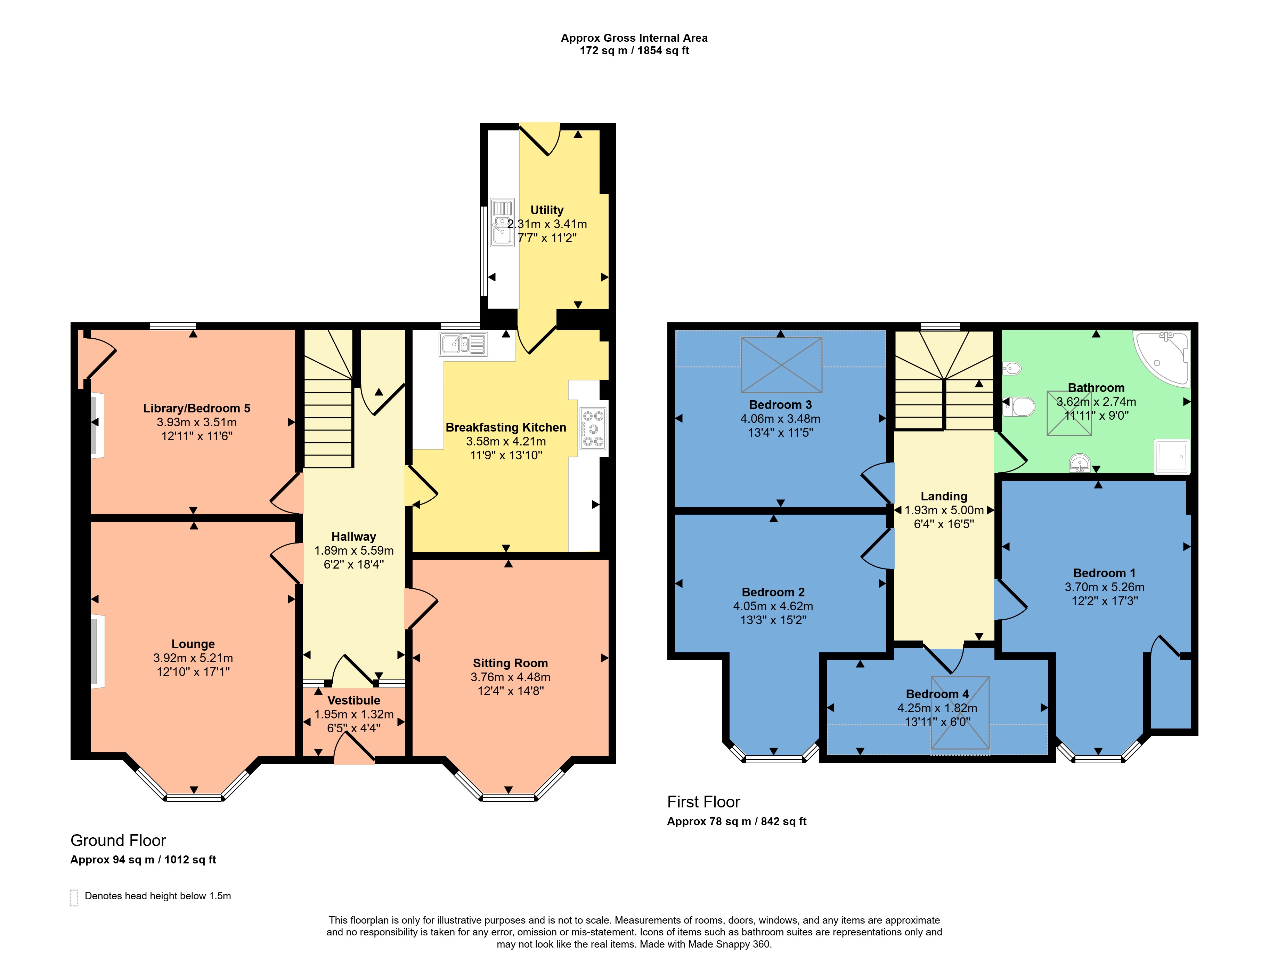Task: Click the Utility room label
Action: (x=547, y=210)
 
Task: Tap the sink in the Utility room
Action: (x=502, y=223)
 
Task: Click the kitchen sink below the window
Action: (x=463, y=344)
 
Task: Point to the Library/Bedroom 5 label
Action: (x=197, y=408)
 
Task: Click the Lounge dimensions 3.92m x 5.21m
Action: (x=193, y=658)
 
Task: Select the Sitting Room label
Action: (x=510, y=663)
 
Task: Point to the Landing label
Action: (x=944, y=496)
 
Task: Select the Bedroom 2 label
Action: (x=773, y=592)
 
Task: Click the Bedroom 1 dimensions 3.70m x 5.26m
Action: (x=1104, y=587)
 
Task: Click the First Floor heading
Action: (x=703, y=802)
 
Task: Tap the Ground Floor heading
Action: (x=119, y=841)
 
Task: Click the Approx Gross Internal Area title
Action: (x=634, y=38)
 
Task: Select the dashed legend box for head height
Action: (x=74, y=897)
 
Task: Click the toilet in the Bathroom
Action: (x=1020, y=407)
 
